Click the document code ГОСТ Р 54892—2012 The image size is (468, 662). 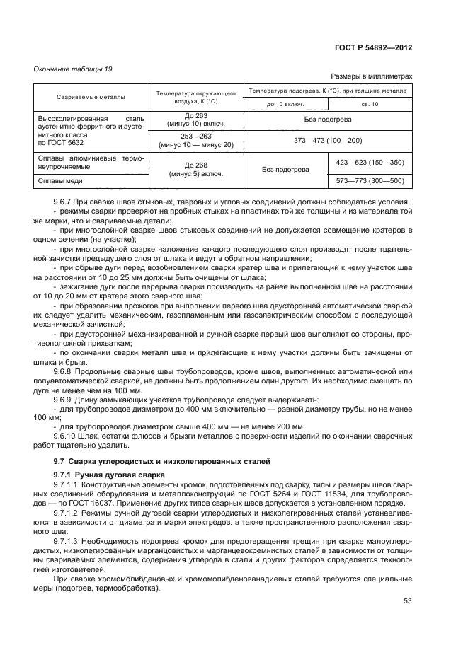(x=372, y=48)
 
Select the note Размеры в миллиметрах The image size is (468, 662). (x=371, y=76)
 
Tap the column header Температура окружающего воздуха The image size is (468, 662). (x=195, y=98)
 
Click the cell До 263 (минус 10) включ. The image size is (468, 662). (x=195, y=120)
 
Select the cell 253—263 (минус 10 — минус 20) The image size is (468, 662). (x=195, y=140)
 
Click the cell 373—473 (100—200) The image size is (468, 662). (x=327, y=140)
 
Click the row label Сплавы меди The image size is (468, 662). (x=59, y=181)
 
